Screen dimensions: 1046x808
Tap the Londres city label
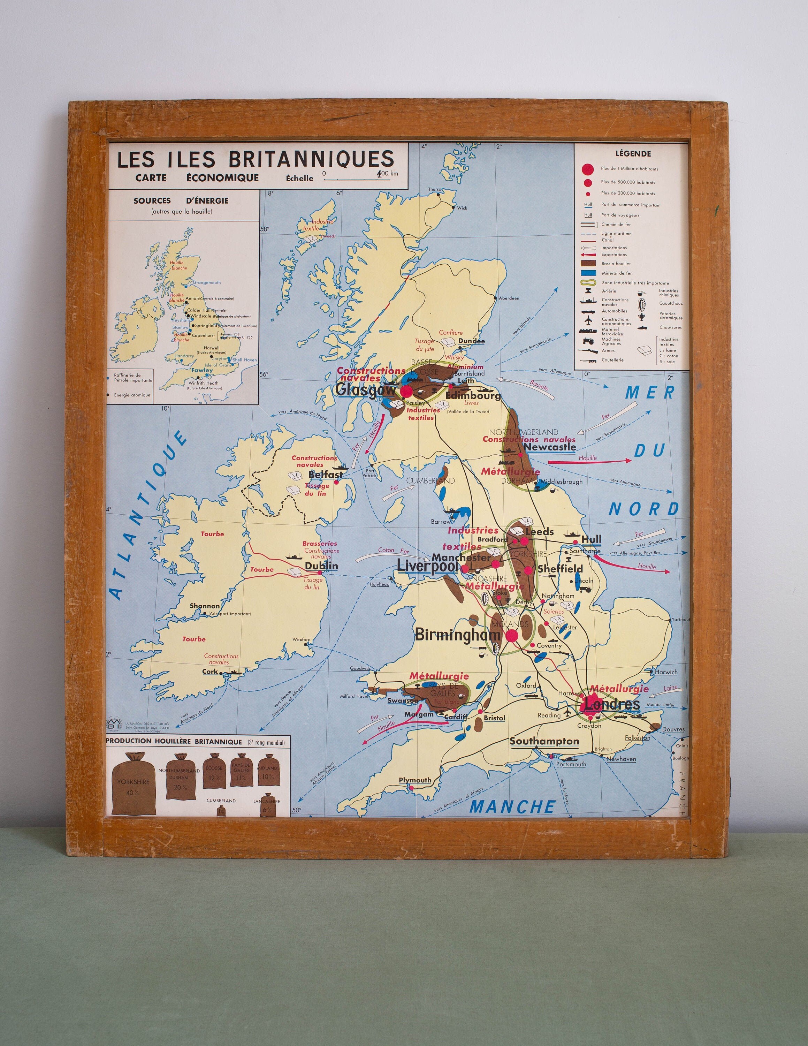[612, 704]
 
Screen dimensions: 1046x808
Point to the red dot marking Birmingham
[511, 636]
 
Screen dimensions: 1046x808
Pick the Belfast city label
[326, 475]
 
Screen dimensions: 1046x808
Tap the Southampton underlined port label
[544, 741]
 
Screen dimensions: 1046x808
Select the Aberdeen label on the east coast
[509, 298]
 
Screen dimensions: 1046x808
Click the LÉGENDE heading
[633, 154]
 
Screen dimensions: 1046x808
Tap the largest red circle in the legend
[588, 169]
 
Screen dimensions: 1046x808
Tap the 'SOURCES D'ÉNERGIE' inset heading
[181, 201]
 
